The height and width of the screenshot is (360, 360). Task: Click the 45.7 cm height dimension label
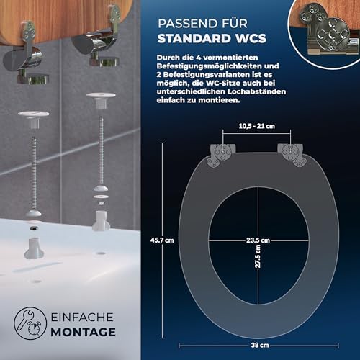coord(162,240)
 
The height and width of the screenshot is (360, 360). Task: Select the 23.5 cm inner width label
coord(258,240)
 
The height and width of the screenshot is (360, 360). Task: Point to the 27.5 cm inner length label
coord(258,256)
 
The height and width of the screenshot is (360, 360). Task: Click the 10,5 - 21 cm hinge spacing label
coord(257,126)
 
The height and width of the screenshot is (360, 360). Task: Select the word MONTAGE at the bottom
coord(84,333)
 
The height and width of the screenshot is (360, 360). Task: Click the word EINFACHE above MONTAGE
coord(82,318)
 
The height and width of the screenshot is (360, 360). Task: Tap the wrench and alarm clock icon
coord(30,323)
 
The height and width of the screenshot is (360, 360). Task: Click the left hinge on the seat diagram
coord(221,155)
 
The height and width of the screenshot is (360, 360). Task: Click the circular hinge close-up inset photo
coord(324,34)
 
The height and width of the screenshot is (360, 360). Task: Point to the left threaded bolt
coord(34,174)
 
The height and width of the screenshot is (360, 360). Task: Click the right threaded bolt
coord(101,150)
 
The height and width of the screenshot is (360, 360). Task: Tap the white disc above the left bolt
coord(33,114)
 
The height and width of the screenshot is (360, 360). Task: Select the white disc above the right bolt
coord(101,95)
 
